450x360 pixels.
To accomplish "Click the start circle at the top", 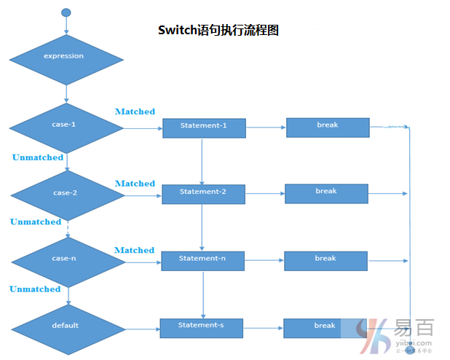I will click(66, 12).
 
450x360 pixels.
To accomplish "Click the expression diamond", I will click(66, 56).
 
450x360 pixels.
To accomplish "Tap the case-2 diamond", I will click(66, 194).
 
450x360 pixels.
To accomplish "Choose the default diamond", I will click(66, 326).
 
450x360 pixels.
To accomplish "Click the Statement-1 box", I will click(203, 128).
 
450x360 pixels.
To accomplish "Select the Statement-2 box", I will click(202, 193).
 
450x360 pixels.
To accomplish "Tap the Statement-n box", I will click(202, 260).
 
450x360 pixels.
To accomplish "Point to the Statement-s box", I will click(200, 327).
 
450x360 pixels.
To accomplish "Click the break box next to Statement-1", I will click(328, 127).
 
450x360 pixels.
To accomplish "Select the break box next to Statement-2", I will click(326, 193).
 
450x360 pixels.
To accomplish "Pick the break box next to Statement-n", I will click(325, 260).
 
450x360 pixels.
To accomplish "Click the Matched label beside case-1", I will click(135, 111).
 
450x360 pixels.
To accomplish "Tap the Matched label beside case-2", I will click(135, 184).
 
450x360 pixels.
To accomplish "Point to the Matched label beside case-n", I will click(135, 250).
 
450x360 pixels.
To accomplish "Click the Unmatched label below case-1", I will click(38, 157).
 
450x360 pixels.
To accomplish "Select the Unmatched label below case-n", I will click(35, 289).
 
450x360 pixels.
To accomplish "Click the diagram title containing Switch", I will click(218, 31).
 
